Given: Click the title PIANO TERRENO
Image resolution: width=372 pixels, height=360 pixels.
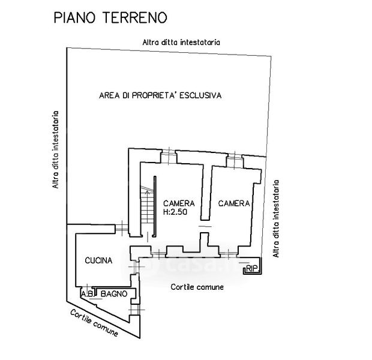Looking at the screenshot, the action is coord(110,17).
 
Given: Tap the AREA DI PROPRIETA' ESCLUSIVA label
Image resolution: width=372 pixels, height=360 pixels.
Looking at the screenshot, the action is coord(160,95).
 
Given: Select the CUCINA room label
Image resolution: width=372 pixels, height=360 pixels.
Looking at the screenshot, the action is coord(98,260).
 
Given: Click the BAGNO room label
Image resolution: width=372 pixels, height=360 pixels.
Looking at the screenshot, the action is coord(114,294).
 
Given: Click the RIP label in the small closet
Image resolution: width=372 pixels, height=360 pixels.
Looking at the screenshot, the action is coord(252,269).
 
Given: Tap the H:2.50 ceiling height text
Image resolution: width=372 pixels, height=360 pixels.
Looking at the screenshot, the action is coord(175,212).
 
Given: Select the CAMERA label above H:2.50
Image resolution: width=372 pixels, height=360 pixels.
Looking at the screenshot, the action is coord(179,203).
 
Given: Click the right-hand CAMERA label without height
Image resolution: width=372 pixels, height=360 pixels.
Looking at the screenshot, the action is coord(234,203).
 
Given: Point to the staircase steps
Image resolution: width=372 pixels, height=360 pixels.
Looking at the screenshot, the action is coord(148,205).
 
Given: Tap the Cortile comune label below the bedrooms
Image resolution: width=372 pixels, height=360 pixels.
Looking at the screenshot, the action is coord(197,287).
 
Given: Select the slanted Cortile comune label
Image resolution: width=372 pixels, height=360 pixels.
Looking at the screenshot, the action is coord(94,323).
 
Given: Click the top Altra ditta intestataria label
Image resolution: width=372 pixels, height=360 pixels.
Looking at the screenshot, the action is coord(181,42).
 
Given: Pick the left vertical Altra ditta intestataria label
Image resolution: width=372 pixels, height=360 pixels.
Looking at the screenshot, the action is coord(55,150).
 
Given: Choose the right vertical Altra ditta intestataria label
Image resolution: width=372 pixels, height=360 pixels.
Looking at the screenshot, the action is coord(276,218).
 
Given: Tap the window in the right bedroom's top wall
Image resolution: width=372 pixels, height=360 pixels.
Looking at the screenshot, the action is coord(235,160).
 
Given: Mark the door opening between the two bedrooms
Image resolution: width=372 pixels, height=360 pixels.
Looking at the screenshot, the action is coord(205,226).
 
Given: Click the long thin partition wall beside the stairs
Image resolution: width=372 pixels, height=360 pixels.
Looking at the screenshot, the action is coord(155,206).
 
